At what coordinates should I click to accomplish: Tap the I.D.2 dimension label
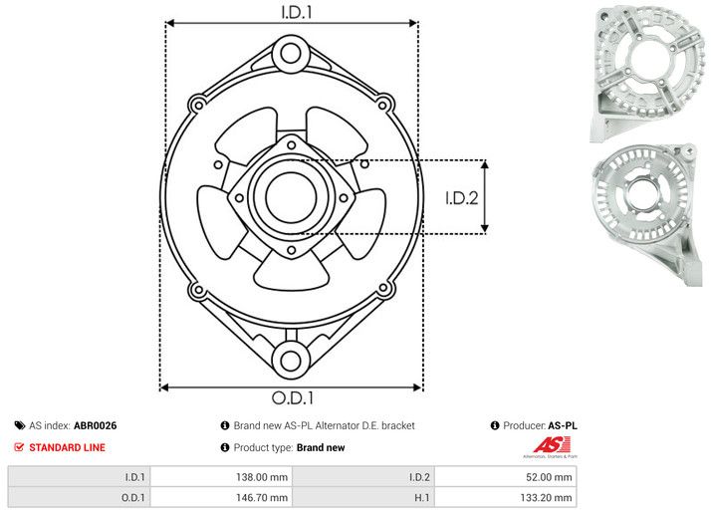tap(462, 197)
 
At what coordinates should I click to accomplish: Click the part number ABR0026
tap(95, 425)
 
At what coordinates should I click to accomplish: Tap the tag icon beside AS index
tap(19, 425)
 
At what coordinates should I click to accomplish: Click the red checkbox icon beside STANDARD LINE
tap(19, 447)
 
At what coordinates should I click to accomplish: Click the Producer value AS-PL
tap(563, 425)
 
